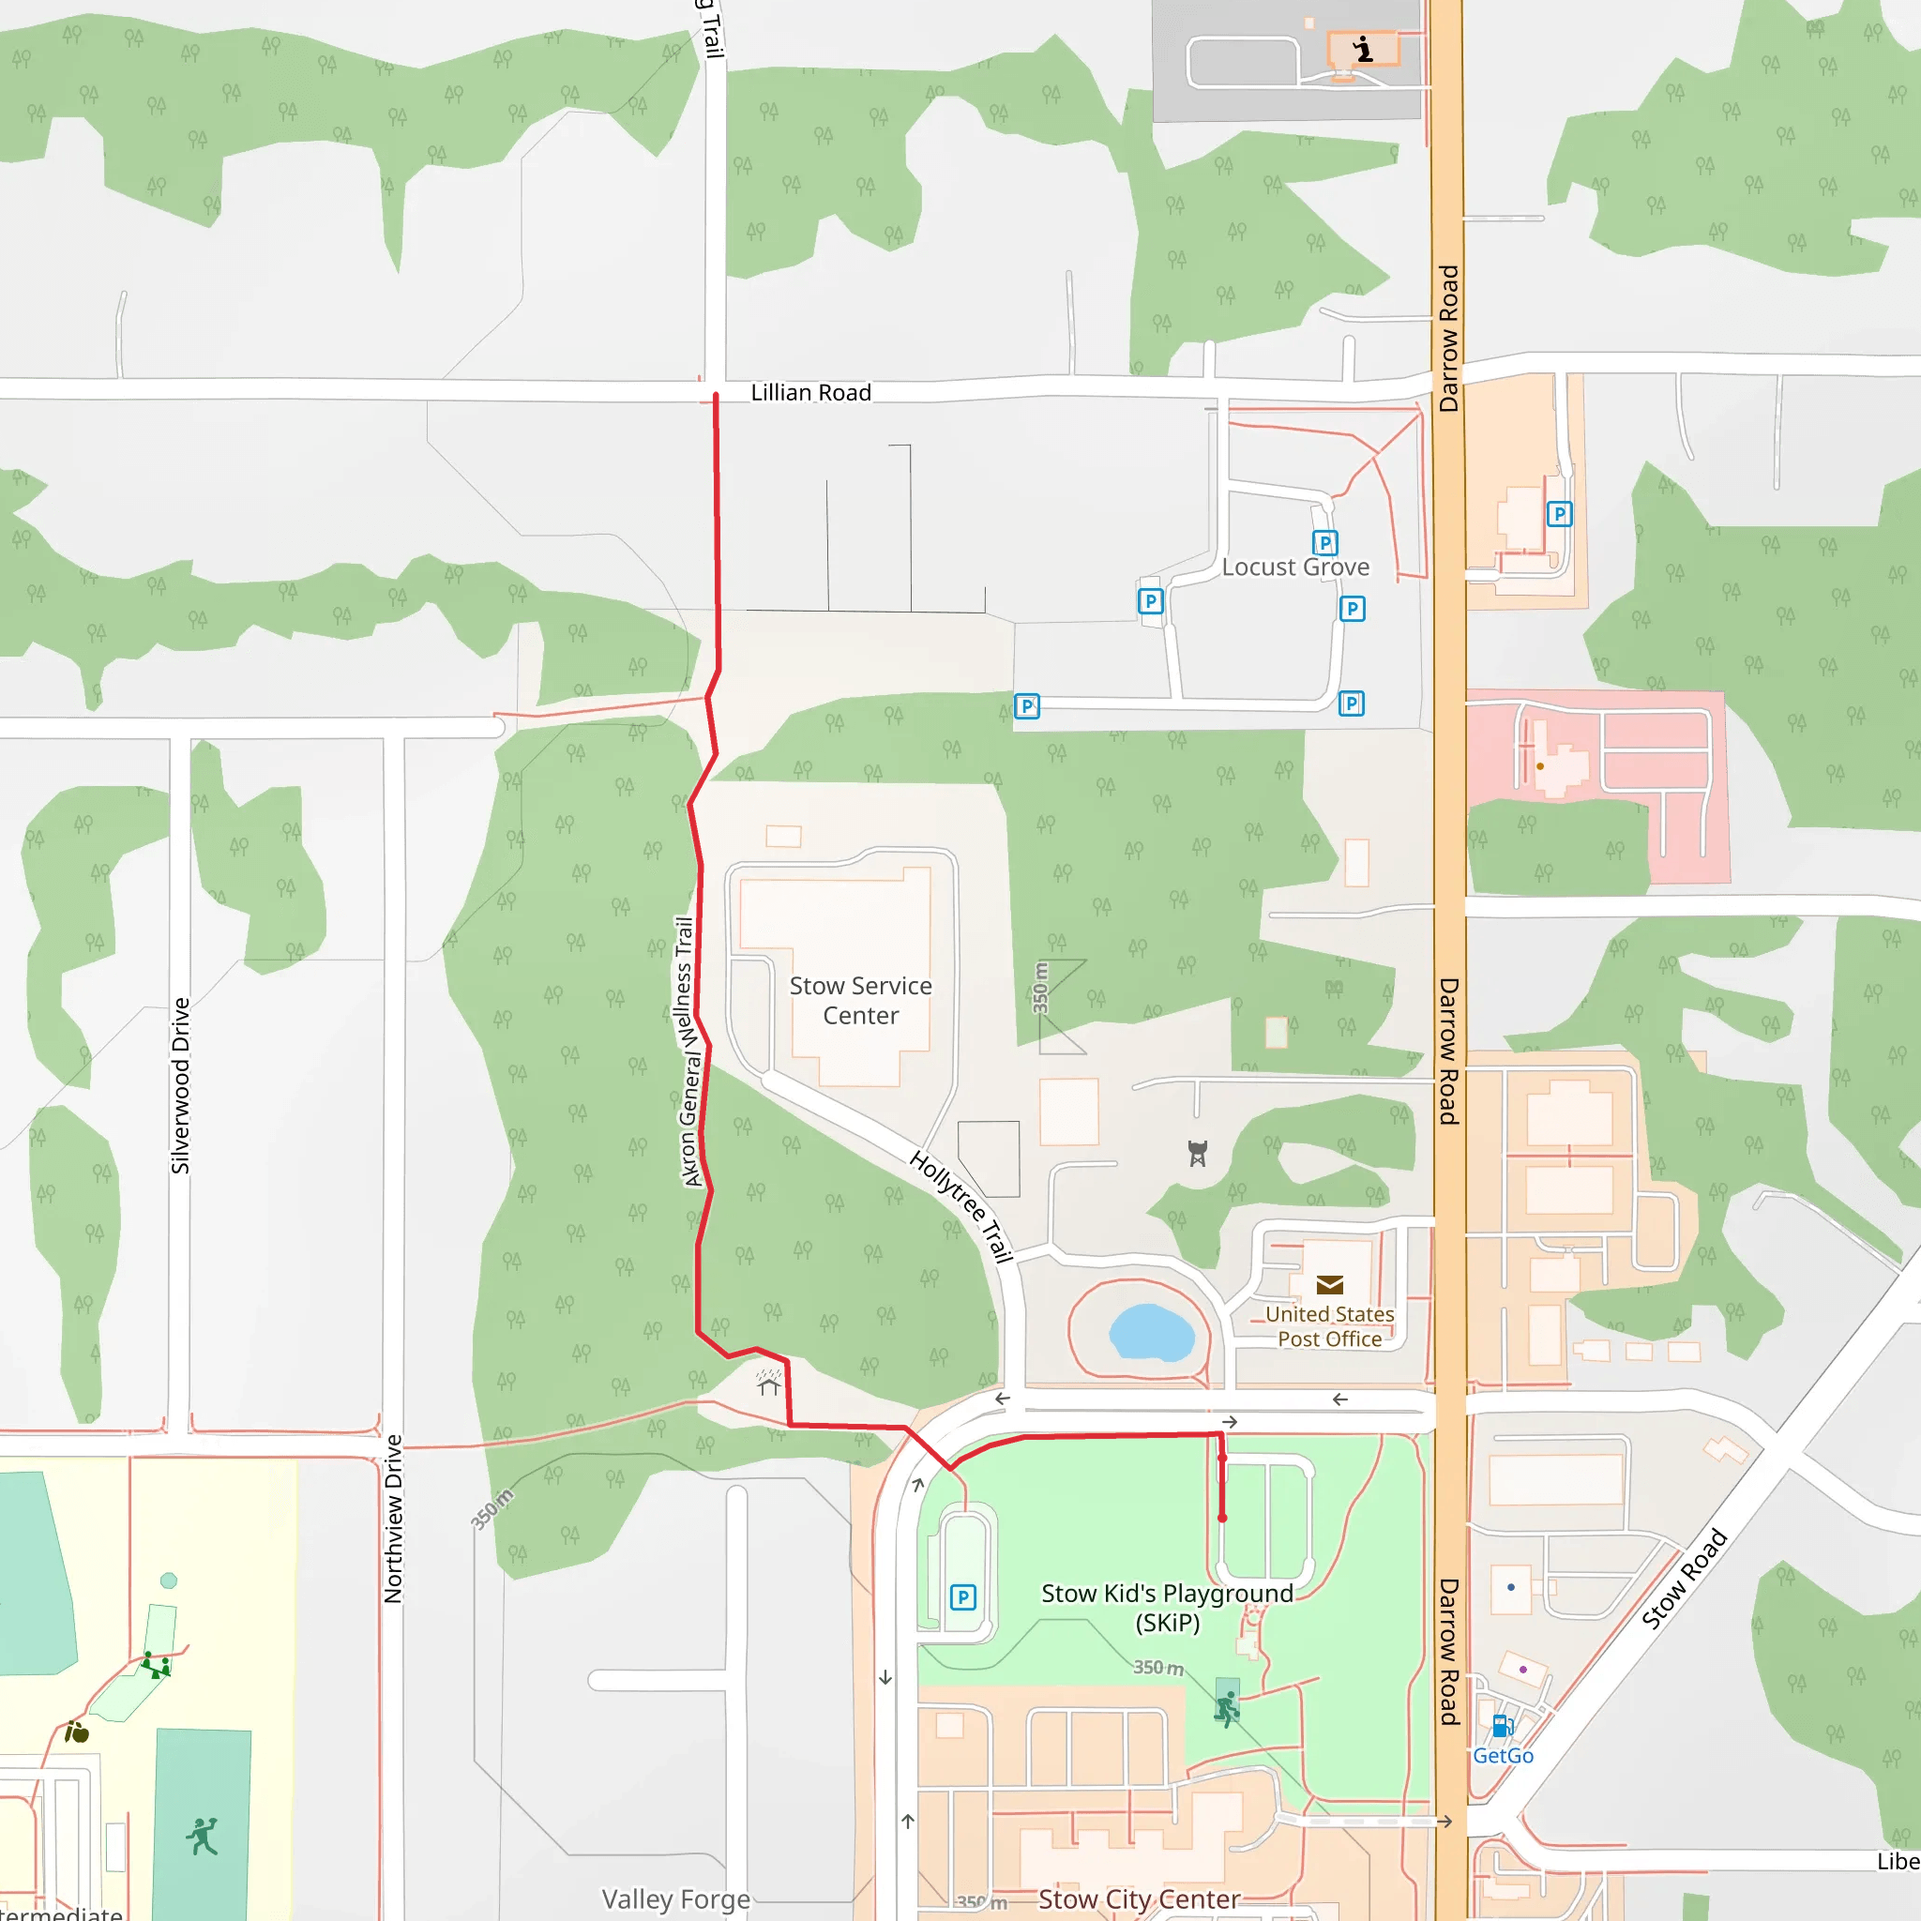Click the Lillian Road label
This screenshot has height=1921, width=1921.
click(x=810, y=393)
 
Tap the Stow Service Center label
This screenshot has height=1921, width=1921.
click(x=860, y=1000)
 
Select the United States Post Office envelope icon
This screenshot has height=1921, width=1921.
click(x=1329, y=1285)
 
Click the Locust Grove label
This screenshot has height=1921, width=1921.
click(x=1294, y=567)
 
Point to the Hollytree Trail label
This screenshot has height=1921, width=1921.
click(x=960, y=1206)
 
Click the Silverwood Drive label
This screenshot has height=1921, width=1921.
click(x=180, y=1086)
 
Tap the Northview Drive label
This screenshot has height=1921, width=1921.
click(x=394, y=1519)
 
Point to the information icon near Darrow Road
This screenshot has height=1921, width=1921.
click(x=1363, y=48)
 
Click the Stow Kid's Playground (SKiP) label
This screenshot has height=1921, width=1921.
click(x=1167, y=1608)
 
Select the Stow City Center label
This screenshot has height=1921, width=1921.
click(x=1139, y=1899)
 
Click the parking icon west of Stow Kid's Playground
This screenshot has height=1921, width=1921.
click(x=962, y=1597)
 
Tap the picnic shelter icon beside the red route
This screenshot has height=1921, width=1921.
click(x=768, y=1382)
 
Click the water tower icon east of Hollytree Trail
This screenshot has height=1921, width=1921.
click(x=1197, y=1154)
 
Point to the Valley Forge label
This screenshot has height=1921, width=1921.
click(x=676, y=1899)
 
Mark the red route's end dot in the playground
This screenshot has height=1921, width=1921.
click(x=1222, y=1519)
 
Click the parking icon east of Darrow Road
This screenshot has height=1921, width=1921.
click(x=1559, y=514)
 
